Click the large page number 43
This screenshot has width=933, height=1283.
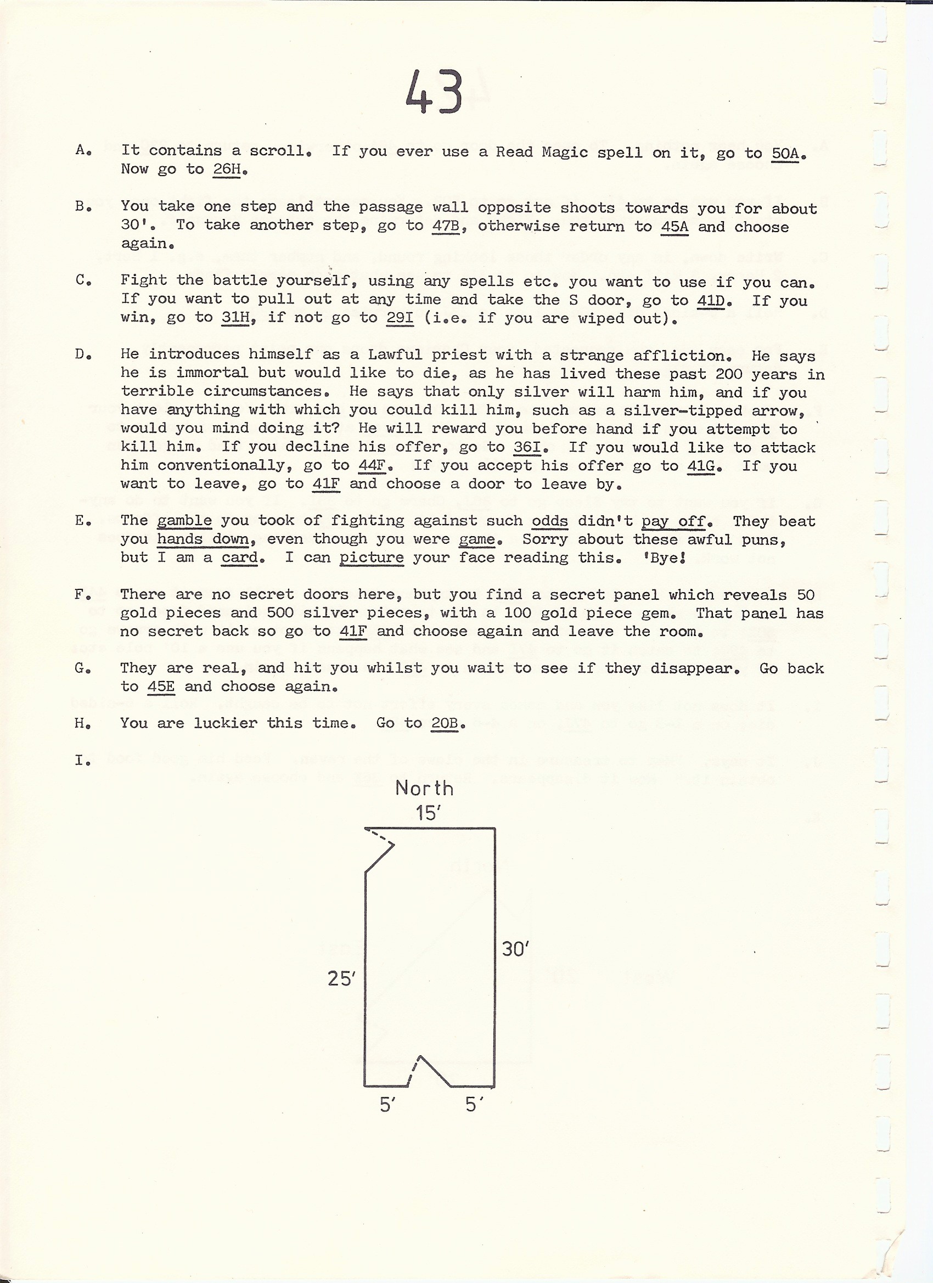click(x=434, y=93)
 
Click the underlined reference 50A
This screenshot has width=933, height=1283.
click(x=785, y=153)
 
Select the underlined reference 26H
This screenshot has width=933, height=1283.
click(x=227, y=169)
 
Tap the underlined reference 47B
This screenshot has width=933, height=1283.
click(x=445, y=225)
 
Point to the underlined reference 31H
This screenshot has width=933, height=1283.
click(x=235, y=318)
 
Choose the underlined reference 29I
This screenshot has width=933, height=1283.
click(x=400, y=318)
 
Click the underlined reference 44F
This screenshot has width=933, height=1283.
click(x=372, y=465)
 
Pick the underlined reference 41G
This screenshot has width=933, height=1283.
click(x=701, y=465)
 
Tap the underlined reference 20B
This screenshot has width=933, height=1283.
click(x=444, y=723)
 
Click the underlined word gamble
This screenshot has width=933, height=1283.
click(x=184, y=521)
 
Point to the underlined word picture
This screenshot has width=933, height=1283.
click(x=372, y=558)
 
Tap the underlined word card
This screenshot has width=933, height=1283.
click(x=240, y=558)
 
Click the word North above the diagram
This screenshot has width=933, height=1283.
click(x=424, y=788)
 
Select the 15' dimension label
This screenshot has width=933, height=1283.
click(x=428, y=813)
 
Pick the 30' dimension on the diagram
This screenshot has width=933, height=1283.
click(x=515, y=949)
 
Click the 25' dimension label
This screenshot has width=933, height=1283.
click(x=341, y=978)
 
